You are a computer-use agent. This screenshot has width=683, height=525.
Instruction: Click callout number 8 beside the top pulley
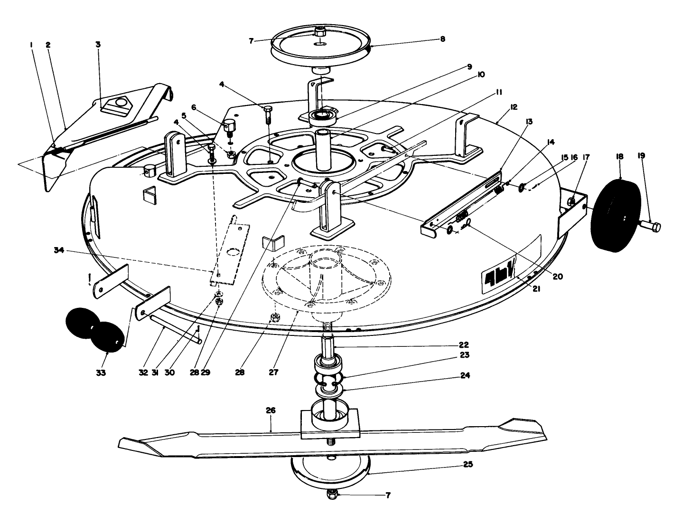[442, 39]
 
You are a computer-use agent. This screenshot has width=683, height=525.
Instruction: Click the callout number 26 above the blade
[271, 410]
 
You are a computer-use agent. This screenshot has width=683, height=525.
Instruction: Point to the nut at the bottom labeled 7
[332, 495]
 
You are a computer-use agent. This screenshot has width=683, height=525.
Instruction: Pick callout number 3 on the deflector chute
[98, 45]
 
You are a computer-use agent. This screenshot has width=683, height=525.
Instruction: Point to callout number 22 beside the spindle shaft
[463, 344]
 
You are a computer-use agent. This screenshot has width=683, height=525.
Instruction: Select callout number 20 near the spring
[558, 277]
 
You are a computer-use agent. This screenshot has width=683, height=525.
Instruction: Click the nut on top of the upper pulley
[321, 32]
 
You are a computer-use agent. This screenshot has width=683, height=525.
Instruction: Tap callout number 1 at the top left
[31, 45]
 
